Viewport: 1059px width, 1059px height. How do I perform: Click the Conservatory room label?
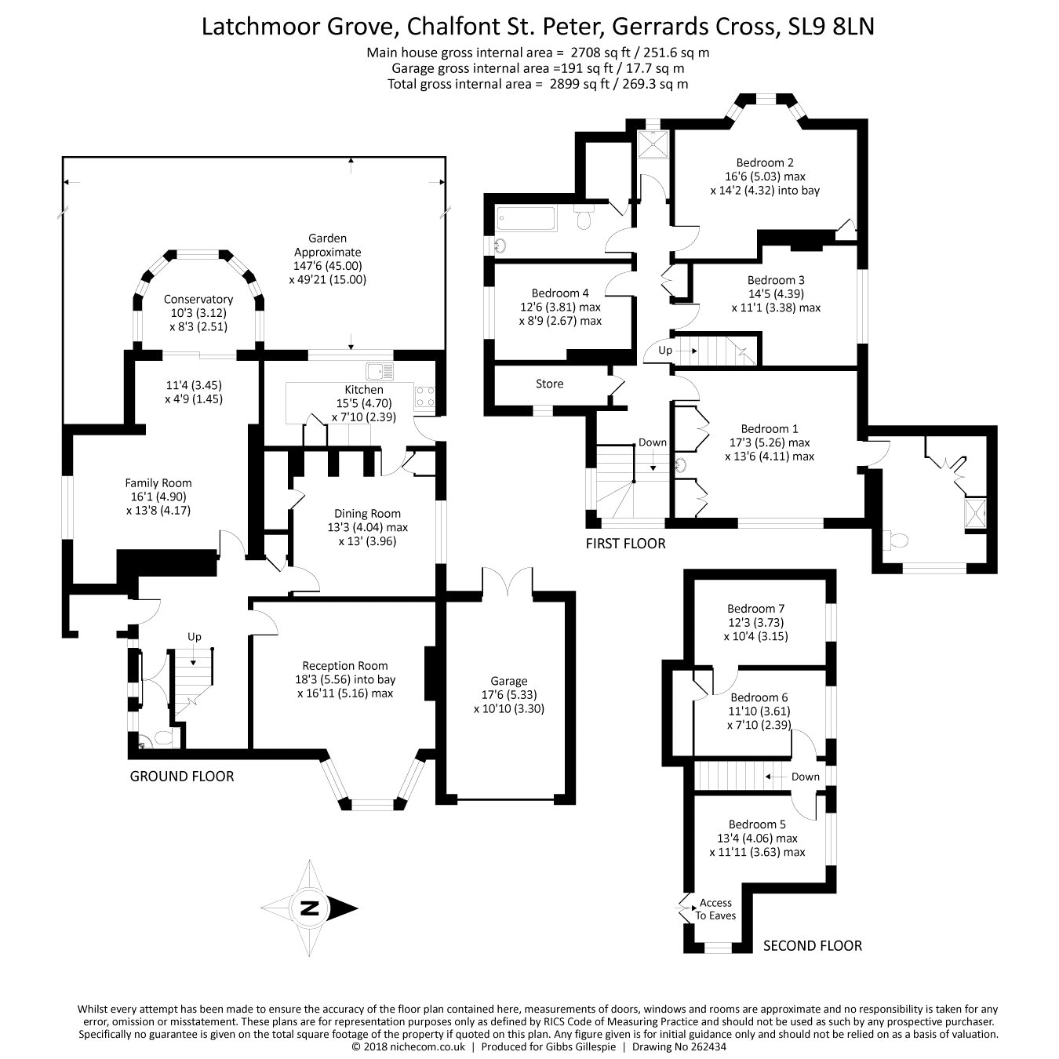tap(198, 299)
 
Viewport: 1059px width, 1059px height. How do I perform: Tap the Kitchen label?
tap(364, 390)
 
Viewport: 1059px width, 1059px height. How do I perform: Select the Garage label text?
tap(509, 681)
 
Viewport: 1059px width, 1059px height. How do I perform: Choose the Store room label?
tap(549, 384)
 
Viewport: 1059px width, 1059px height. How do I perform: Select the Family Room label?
tap(158, 483)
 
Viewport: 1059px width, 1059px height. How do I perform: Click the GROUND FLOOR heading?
tap(181, 777)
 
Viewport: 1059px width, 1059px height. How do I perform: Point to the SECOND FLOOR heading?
tap(812, 946)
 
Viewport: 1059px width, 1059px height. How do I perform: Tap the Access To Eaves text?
tap(715, 909)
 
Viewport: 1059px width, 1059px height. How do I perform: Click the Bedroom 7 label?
tap(755, 609)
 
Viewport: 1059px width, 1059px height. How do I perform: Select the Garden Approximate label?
tap(327, 245)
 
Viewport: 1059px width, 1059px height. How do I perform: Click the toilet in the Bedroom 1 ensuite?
tap(895, 540)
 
